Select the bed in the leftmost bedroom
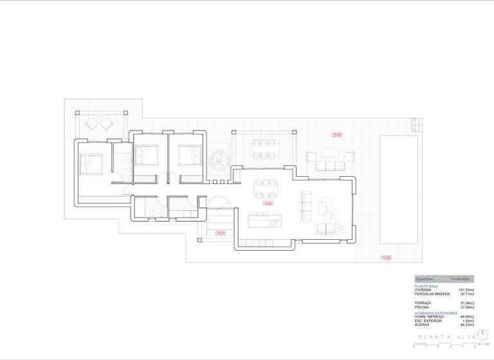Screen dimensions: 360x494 click(x=91, y=164)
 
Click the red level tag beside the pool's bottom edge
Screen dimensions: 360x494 click(x=386, y=258)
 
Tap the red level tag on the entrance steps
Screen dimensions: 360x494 click(x=219, y=232)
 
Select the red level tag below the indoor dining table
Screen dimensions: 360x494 click(x=268, y=203)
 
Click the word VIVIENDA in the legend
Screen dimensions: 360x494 click(x=423, y=290)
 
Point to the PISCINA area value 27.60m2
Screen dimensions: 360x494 click(x=466, y=307)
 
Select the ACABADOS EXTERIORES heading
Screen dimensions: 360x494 click(x=436, y=313)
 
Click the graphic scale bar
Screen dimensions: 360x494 click(x=444, y=345)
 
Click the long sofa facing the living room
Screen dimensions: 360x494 click(x=306, y=205)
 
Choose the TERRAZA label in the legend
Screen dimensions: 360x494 click(x=423, y=303)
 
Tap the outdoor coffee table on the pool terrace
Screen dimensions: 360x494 click(x=330, y=153)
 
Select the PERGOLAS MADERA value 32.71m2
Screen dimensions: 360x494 click(x=466, y=294)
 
